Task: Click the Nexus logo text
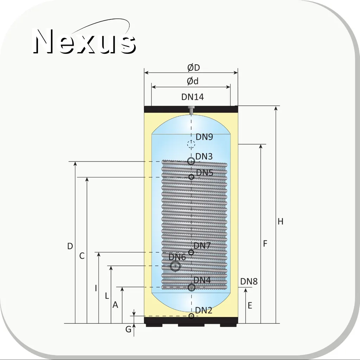point(84,41)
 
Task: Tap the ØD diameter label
point(194,68)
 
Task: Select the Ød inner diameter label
point(192,81)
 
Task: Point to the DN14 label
point(192,97)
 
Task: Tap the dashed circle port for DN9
point(191,144)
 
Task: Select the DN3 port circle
point(191,161)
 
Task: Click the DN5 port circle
point(191,177)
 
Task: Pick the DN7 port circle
point(191,252)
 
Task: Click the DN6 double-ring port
point(175,266)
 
